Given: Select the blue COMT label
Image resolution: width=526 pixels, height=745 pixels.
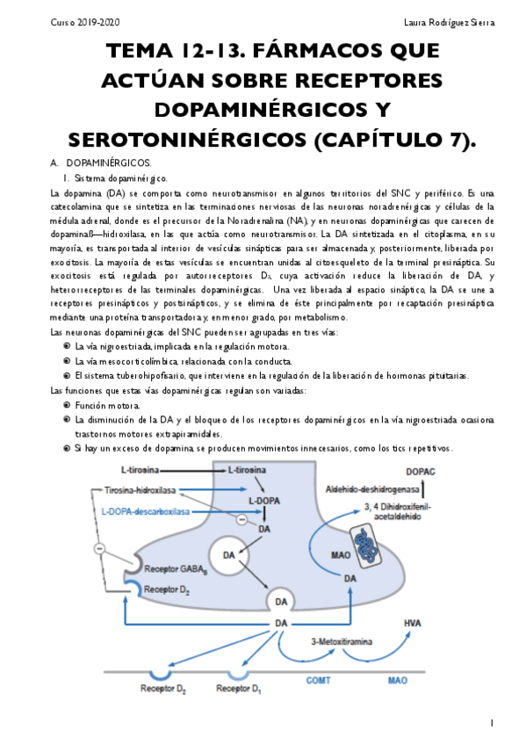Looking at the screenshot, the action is point(318,680).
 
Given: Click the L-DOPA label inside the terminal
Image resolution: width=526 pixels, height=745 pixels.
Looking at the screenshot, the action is point(263,501).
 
